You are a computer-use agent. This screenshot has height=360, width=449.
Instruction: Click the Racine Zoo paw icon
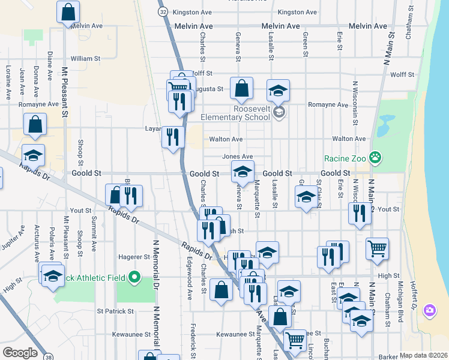tap(375, 158)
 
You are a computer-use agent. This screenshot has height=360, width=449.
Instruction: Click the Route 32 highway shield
tap(163, 11)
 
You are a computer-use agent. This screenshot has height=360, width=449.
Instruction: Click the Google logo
tap(20, 352)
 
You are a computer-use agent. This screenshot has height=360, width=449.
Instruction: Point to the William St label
tap(85, 58)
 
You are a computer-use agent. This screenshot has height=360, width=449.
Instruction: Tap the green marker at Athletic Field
tap(134, 277)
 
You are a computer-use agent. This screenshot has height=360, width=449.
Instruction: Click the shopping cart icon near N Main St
tap(377, 248)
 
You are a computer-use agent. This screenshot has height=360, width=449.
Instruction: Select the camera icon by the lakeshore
tap(430, 310)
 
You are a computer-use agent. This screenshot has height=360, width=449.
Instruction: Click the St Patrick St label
tap(115, 311)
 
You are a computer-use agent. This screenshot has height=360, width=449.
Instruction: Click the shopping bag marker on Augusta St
tap(241, 89)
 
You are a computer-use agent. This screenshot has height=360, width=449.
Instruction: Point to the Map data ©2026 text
tap(424, 355)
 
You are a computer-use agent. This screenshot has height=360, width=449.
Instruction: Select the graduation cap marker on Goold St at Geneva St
tap(243, 173)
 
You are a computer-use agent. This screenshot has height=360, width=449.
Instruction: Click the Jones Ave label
tap(238, 157)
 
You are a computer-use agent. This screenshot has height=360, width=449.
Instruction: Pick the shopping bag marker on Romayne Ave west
tap(35, 124)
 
